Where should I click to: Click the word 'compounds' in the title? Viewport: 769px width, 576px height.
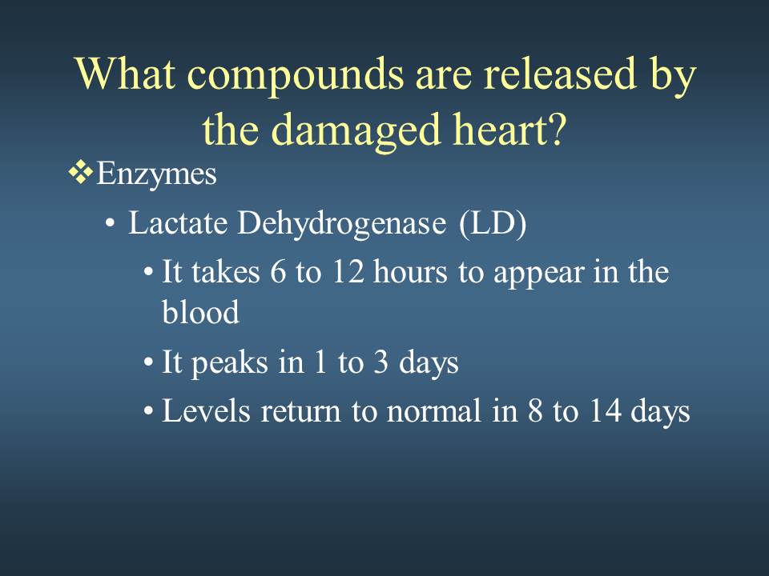(296, 75)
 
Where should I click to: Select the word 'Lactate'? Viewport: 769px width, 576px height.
(178, 223)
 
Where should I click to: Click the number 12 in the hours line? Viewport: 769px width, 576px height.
(348, 272)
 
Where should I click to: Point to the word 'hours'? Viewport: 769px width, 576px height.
(410, 271)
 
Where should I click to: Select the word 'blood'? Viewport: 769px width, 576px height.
(200, 311)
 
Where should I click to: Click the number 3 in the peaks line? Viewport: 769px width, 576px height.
(380, 363)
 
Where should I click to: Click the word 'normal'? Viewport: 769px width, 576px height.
(433, 410)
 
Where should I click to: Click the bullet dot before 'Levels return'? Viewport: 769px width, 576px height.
(148, 412)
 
